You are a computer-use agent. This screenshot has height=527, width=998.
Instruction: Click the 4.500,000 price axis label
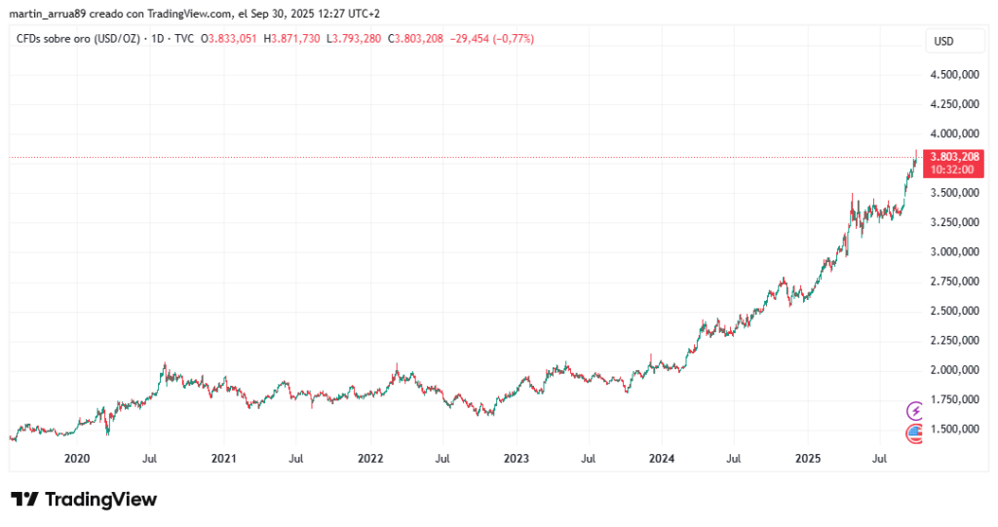[954, 74]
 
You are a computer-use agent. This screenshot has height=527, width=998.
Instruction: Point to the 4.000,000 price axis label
[954, 133]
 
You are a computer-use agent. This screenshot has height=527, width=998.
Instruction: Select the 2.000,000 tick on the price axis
[954, 370]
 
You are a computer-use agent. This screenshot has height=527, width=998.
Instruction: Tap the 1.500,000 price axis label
[954, 429]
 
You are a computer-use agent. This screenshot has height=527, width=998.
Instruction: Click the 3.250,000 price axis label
[954, 222]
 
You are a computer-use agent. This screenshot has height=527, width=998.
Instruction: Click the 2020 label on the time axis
[76, 457]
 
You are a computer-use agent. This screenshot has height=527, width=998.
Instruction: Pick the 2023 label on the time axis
[515, 457]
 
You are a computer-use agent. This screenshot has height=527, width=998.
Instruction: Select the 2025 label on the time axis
[807, 457]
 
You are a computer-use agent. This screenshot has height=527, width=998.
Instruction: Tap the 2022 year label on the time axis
[369, 457]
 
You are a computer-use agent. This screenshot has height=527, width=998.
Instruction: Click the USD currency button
[943, 41]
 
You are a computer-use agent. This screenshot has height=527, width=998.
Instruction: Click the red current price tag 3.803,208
[955, 156]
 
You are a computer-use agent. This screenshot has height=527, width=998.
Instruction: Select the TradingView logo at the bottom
[84, 500]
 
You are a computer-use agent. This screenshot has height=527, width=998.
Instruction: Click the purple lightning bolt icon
[915, 410]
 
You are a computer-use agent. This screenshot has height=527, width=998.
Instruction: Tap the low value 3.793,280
[359, 39]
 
